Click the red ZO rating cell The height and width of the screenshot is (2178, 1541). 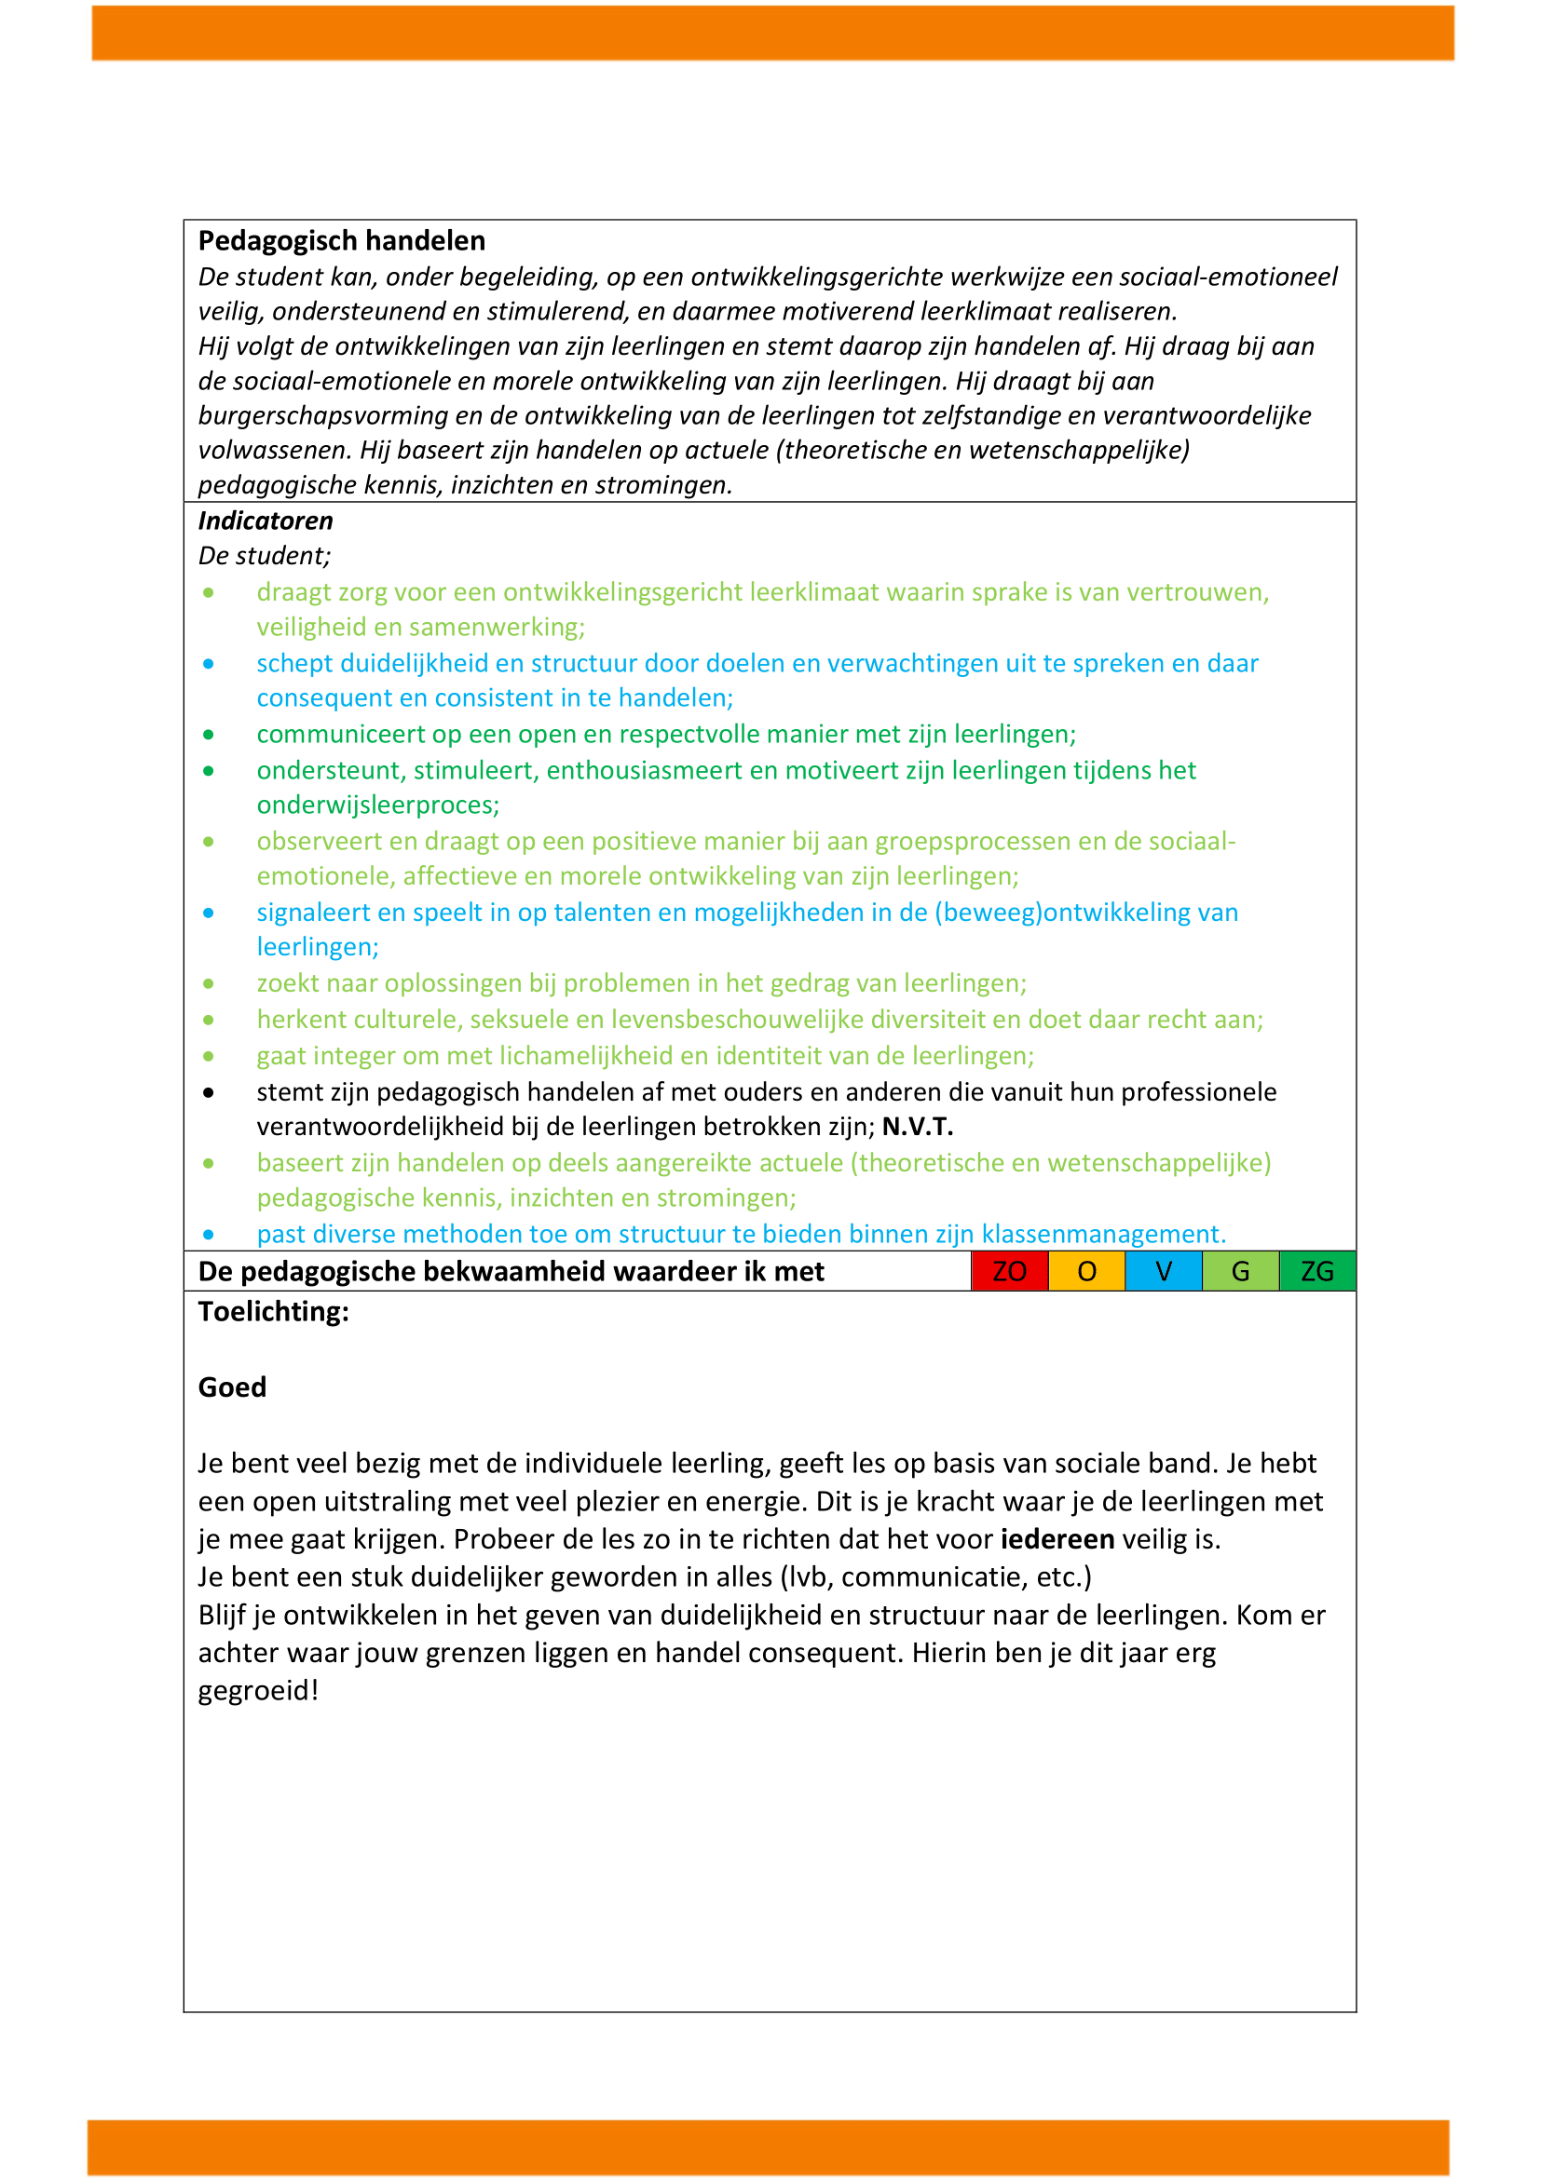[x=1009, y=1271]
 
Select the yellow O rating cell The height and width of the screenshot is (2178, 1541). [x=1086, y=1271]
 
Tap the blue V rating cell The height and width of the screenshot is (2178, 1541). [x=1164, y=1271]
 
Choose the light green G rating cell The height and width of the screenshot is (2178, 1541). [x=1240, y=1271]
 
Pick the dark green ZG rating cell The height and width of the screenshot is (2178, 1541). [x=1317, y=1271]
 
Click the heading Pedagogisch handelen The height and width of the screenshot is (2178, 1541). [x=342, y=241]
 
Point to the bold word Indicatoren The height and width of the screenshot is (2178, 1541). [x=266, y=521]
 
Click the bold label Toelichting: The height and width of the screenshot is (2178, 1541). [x=273, y=1312]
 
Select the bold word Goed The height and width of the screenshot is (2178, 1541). [x=233, y=1387]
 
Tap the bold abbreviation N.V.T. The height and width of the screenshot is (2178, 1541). [x=918, y=1127]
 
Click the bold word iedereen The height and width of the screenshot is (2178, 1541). [x=1057, y=1538]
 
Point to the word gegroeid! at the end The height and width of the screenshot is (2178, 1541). [x=258, y=1690]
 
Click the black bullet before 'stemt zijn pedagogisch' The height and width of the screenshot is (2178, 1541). [x=209, y=1093]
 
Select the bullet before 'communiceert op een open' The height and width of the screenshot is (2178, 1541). [x=209, y=736]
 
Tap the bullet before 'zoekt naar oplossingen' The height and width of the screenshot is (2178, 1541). [x=209, y=983]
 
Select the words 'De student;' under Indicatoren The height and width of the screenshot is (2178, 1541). [x=265, y=556]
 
